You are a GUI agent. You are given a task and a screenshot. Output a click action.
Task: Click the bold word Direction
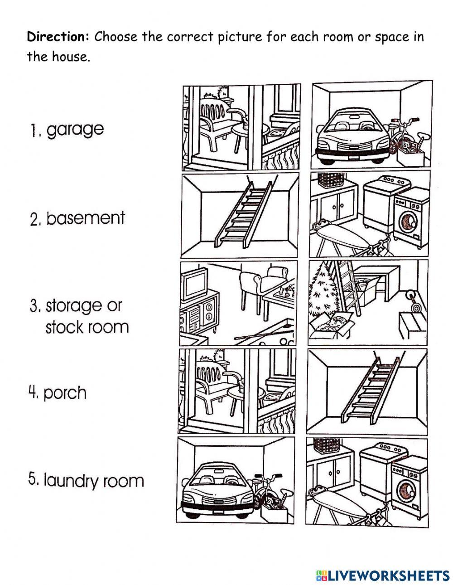(x=59, y=37)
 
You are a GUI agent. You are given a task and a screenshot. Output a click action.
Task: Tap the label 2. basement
(x=77, y=218)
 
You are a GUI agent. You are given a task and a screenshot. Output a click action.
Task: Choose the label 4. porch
(x=58, y=392)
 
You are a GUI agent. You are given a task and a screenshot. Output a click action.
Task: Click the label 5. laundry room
(x=86, y=480)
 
